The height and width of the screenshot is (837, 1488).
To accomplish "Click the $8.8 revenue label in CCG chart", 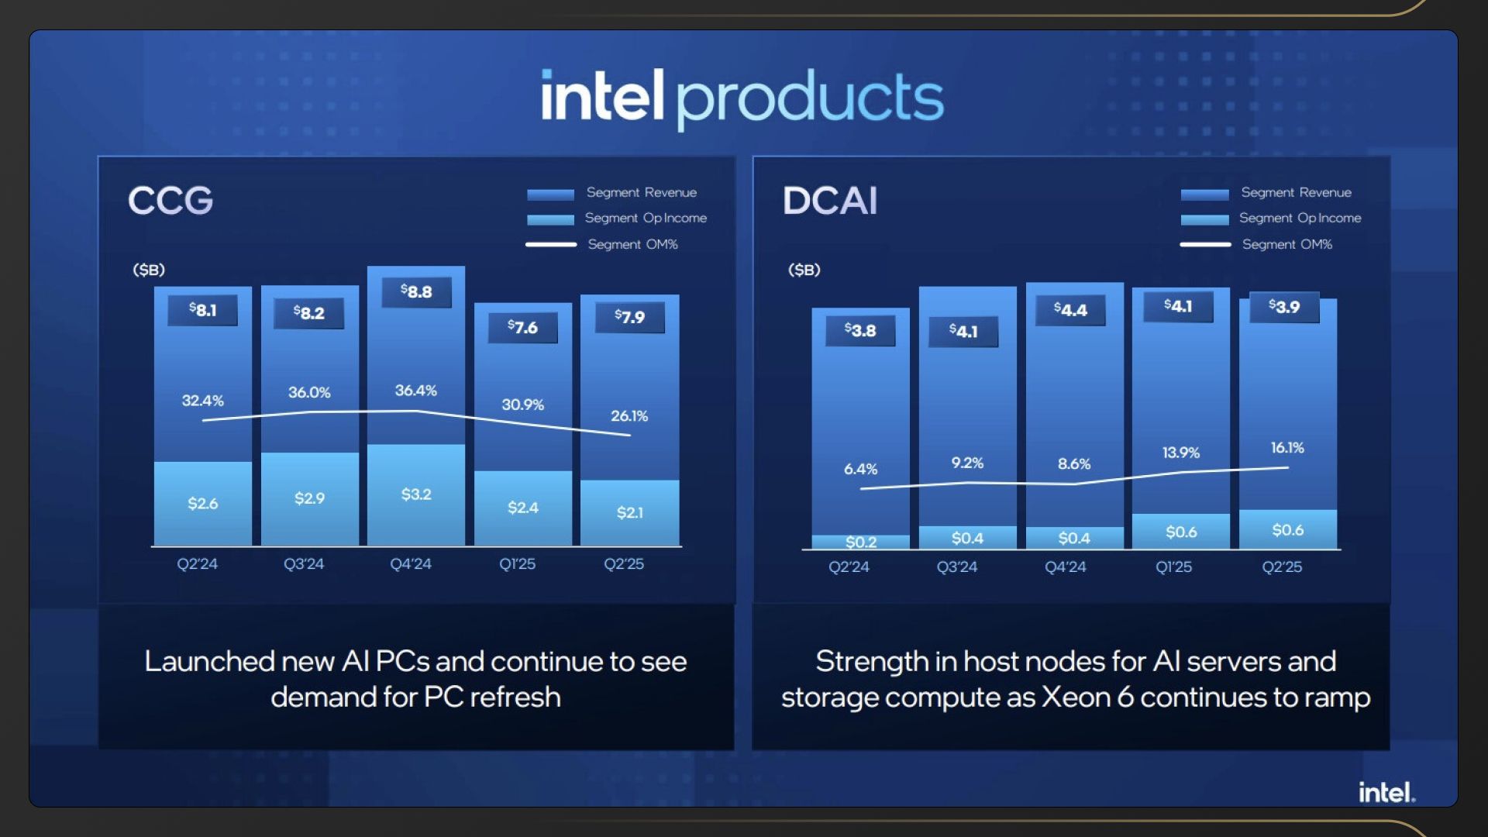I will coord(416,291).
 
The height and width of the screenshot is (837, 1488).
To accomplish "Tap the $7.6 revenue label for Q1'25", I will coord(522,327).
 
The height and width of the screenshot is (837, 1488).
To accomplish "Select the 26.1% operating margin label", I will coord(629,416).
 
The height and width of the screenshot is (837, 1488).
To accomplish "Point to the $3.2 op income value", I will coord(416,494).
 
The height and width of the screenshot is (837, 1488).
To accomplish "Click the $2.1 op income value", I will coord(629,512).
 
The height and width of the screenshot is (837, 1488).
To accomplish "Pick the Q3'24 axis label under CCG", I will coord(304,564).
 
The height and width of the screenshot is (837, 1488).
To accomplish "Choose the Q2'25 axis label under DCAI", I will coord(1282,567).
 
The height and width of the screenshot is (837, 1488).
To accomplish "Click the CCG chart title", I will coord(170,201).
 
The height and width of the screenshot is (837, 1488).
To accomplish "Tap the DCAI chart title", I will coord(830,201).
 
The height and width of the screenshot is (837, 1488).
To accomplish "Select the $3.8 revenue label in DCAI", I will coord(860,330).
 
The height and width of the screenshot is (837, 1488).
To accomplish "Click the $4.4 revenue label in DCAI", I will coord(1070,309).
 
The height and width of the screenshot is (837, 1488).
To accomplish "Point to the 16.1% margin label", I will coord(1287,448).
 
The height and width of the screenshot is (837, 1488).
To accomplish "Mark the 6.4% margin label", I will coord(860,469).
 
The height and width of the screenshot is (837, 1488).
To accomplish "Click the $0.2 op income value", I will coord(861,542).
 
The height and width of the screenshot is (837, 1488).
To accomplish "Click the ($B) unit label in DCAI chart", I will coord(804,270).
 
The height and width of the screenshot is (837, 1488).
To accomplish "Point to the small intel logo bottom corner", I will coord(1386,792).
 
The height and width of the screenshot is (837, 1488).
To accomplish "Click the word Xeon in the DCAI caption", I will coord(1075,697).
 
